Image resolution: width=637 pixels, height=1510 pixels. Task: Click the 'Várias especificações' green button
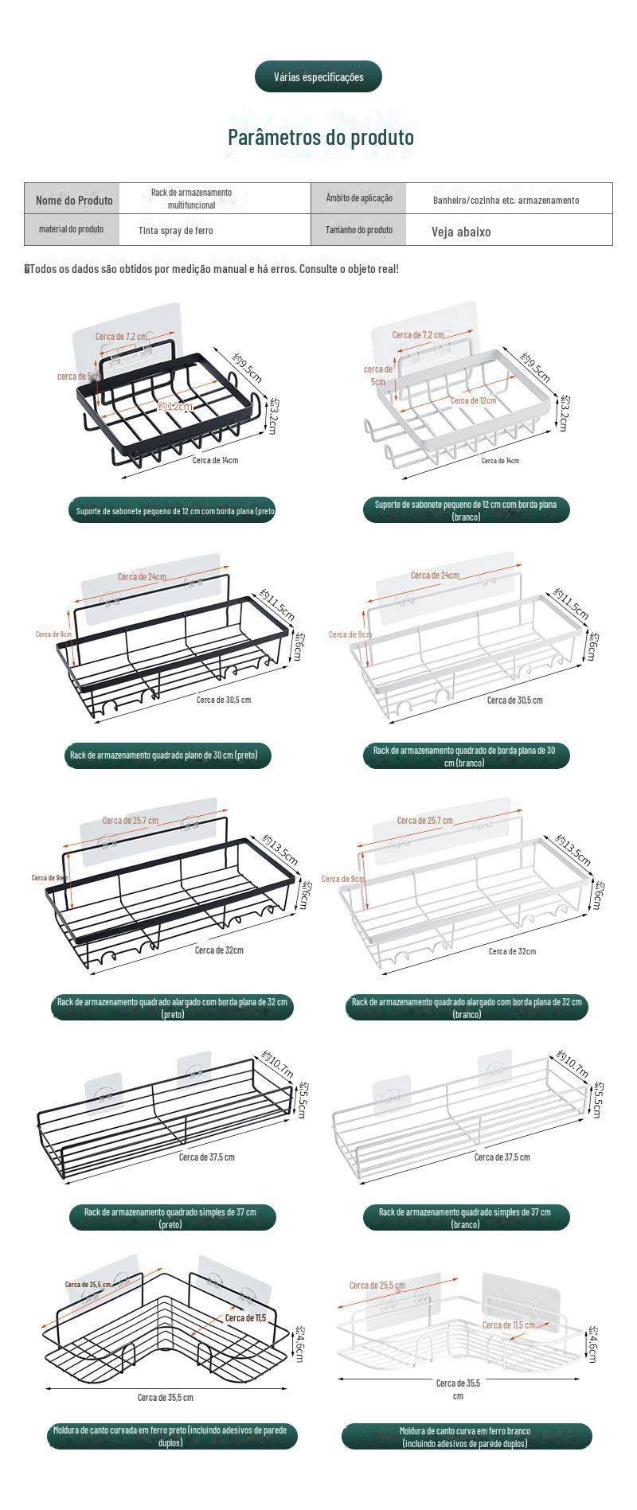click(318, 77)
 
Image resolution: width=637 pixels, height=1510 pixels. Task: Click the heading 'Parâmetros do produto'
click(321, 137)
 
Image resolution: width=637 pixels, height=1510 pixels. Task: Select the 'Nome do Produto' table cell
click(73, 200)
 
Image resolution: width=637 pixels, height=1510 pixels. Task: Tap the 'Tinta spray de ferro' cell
click(175, 231)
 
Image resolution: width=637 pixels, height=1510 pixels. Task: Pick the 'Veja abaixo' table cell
click(461, 232)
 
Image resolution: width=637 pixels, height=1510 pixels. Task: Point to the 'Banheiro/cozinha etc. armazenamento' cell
click(506, 201)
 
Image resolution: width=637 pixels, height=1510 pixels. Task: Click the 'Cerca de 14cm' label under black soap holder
click(215, 459)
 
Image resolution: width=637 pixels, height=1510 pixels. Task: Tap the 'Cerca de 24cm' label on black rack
click(142, 576)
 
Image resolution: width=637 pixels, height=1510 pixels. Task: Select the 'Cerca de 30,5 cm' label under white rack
click(514, 700)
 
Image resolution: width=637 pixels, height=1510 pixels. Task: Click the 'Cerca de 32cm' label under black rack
click(219, 950)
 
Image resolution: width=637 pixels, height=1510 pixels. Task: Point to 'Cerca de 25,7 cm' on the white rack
click(424, 820)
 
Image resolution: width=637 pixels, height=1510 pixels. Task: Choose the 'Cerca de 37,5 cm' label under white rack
click(502, 1157)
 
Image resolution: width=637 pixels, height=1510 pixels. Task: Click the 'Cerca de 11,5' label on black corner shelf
click(245, 1317)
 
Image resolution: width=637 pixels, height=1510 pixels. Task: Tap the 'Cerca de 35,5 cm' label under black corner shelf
click(165, 1397)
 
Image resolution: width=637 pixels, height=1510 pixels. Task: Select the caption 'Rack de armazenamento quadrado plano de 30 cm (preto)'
click(164, 755)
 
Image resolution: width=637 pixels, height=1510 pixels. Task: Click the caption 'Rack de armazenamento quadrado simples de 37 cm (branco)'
click(467, 1218)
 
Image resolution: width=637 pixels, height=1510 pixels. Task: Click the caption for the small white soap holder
click(466, 510)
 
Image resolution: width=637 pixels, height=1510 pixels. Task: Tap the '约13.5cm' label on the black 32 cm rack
click(280, 849)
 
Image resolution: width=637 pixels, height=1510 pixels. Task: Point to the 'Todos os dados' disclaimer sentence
click(212, 269)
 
